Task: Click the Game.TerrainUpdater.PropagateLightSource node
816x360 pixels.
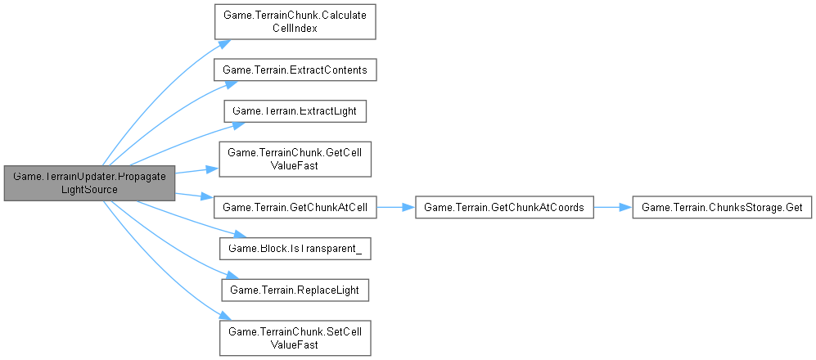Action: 88,182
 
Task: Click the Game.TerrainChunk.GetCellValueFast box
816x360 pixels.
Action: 295,160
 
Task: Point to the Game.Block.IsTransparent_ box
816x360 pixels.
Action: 295,248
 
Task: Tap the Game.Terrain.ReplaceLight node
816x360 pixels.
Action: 295,289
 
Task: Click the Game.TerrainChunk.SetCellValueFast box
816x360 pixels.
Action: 295,337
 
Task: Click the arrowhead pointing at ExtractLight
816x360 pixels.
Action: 238,124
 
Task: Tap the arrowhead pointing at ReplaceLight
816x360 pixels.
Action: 221,278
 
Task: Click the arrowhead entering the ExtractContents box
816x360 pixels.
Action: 217,80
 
